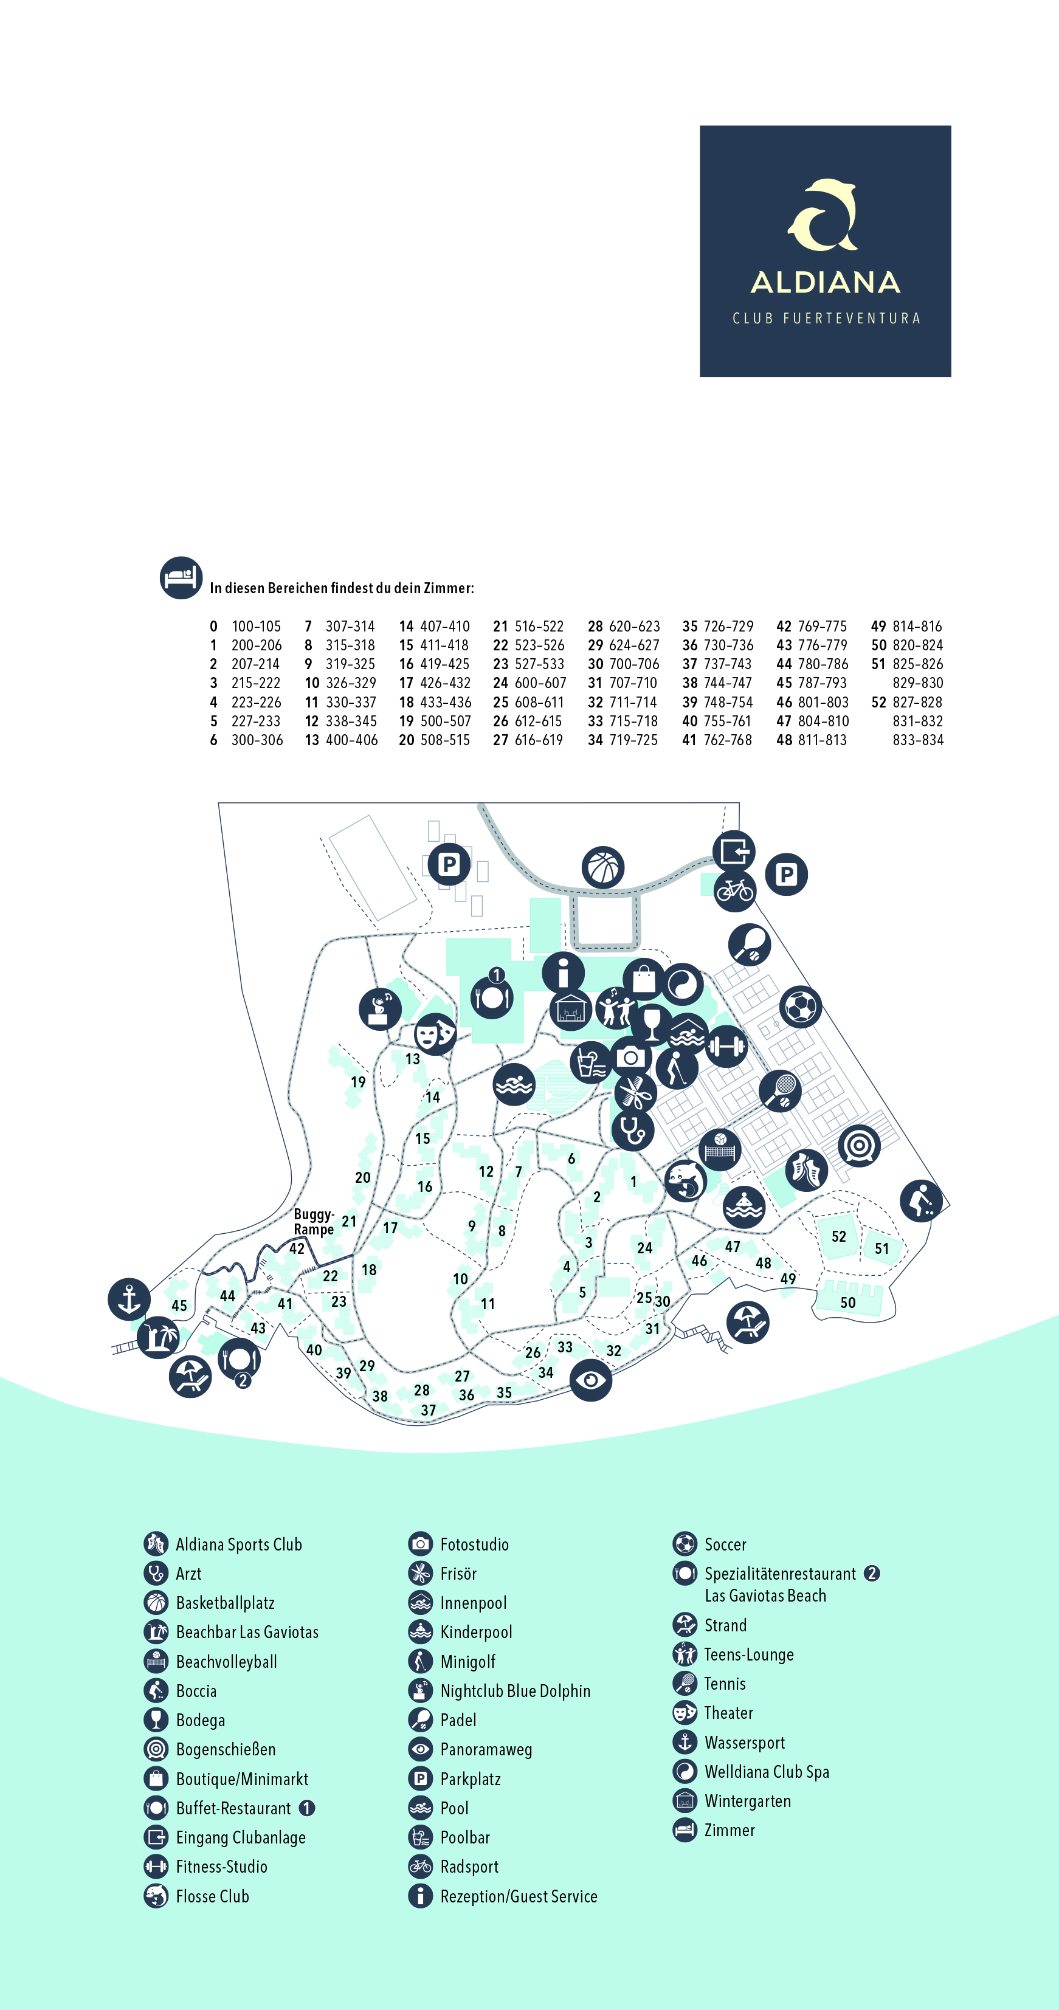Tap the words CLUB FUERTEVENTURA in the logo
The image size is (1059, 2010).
pos(826,318)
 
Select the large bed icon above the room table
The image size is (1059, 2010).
pos(181,577)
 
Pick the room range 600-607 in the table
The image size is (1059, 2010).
pos(540,683)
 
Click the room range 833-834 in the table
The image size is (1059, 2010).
pos(918,740)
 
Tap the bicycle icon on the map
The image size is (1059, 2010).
pos(735,890)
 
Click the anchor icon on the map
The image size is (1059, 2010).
pos(129,1299)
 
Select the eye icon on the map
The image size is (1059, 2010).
pos(591,1380)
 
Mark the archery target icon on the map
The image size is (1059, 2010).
pos(859,1146)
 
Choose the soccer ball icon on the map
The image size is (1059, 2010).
pos(801,1007)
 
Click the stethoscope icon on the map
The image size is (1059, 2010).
pos(632,1130)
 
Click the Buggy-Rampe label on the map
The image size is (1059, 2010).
pos(314,1222)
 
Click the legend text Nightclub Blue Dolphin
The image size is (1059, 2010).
pos(515,1691)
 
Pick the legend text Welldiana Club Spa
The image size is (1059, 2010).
pos(767,1772)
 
